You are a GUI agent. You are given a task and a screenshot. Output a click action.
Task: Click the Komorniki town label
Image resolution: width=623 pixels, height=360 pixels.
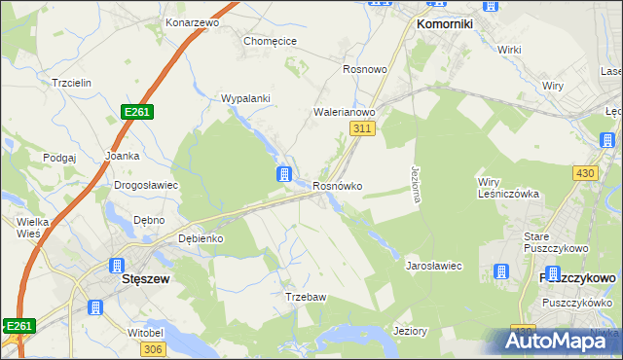444,23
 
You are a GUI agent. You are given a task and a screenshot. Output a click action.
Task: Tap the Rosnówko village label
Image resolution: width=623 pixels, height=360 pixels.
338,186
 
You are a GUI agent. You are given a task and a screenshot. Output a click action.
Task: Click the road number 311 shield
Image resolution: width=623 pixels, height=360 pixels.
362,128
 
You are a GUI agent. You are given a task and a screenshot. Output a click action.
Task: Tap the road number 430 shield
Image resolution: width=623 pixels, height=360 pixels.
584,172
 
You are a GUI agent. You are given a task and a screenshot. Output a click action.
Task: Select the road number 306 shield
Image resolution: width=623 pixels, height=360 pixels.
152,348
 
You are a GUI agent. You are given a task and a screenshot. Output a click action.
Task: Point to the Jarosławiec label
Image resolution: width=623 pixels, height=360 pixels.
433,265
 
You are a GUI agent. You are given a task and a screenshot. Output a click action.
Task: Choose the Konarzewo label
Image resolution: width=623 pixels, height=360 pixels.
191,21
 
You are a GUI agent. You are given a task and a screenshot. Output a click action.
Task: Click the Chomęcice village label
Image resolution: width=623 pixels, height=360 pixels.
270,41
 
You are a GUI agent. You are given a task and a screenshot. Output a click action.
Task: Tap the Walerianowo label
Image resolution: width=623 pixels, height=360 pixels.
344,112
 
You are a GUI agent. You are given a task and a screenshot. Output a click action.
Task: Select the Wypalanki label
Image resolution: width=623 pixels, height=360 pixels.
245,99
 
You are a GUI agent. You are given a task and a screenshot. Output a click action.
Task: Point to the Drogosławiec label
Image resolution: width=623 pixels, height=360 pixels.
145,184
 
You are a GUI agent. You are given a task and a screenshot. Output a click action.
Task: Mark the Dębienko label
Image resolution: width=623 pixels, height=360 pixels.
202,238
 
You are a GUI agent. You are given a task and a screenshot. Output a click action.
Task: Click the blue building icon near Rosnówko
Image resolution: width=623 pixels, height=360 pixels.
283,175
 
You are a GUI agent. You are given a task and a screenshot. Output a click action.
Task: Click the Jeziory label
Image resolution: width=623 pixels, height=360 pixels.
410,331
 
